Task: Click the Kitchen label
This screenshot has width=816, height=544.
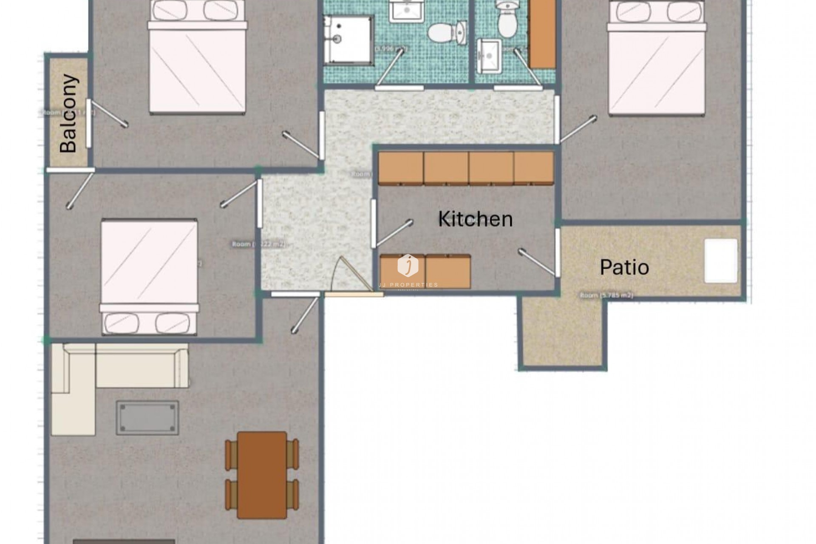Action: pos(475,219)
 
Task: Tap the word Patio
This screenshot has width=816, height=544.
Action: pos(624,267)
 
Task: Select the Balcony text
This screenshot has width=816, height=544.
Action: pos(69,113)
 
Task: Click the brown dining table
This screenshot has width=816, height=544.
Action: pos(262,475)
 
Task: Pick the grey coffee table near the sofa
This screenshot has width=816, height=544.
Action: pos(147,417)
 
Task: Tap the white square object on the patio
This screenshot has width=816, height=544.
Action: pos(721,261)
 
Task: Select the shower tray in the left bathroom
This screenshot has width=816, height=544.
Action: pos(348,40)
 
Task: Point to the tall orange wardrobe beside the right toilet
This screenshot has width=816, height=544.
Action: pos(543,34)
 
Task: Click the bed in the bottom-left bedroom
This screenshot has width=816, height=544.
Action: pos(149,276)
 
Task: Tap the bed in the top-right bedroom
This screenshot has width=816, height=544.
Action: pos(657,59)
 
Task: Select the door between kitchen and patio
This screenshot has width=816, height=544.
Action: pos(556,253)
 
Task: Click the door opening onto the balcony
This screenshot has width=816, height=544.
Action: pos(89,123)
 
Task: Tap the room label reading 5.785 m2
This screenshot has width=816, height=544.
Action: pos(606,295)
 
